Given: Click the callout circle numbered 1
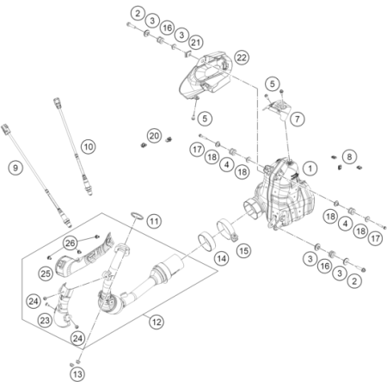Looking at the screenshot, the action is click(x=310, y=169).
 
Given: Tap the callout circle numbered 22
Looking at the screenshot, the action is click(x=242, y=58).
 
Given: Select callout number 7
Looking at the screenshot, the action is click(x=298, y=119).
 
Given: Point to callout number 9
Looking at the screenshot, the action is click(x=15, y=168).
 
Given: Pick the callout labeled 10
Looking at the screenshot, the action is click(x=89, y=147).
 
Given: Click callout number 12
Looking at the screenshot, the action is click(x=157, y=322).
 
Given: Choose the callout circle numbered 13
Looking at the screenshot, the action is click(x=77, y=374).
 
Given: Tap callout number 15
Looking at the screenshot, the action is click(x=244, y=251).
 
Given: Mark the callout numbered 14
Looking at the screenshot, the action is click(x=222, y=259).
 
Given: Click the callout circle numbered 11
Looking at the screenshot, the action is click(x=154, y=221).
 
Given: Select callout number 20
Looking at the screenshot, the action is click(x=154, y=136).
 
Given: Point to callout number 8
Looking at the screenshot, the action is click(x=349, y=157).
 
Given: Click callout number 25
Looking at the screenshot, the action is click(x=46, y=273).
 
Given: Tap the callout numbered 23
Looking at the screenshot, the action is click(x=45, y=320).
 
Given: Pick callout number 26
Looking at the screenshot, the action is click(x=71, y=243).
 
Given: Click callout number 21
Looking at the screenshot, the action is click(x=196, y=43).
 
